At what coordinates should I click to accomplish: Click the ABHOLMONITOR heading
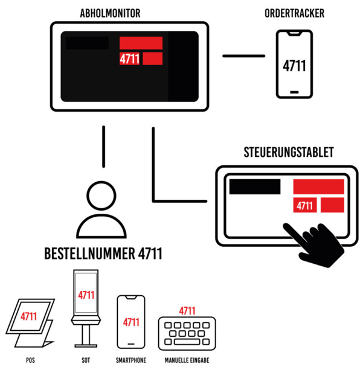click(x=110, y=13)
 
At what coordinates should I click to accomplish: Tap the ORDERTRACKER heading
click(x=294, y=13)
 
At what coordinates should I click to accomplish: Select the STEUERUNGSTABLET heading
click(x=289, y=152)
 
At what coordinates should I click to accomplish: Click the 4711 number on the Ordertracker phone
click(x=294, y=66)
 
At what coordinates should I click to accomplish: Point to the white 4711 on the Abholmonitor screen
click(x=129, y=59)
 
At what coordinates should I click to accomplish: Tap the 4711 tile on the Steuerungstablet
click(x=304, y=205)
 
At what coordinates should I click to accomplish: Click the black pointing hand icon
click(x=314, y=244)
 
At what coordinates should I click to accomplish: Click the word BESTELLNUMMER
click(x=90, y=254)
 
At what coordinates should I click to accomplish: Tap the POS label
click(x=30, y=360)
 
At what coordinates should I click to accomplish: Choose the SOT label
click(x=86, y=360)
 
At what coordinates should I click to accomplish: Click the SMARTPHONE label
click(x=131, y=360)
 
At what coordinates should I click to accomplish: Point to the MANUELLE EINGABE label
click(x=187, y=360)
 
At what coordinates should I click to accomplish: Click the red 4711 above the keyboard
click(x=187, y=311)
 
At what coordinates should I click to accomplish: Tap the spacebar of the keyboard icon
click(x=187, y=342)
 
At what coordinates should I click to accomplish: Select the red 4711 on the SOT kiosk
click(x=86, y=295)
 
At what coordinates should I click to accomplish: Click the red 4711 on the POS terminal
click(x=28, y=316)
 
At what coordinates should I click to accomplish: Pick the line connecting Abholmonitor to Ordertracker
click(x=243, y=56)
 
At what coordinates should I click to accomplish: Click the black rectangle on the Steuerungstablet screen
click(x=255, y=187)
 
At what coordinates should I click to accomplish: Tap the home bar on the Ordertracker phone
click(x=294, y=92)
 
